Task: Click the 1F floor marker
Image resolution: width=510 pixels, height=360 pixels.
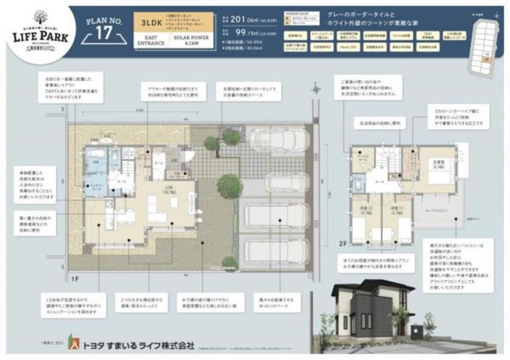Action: tap(76, 279)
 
